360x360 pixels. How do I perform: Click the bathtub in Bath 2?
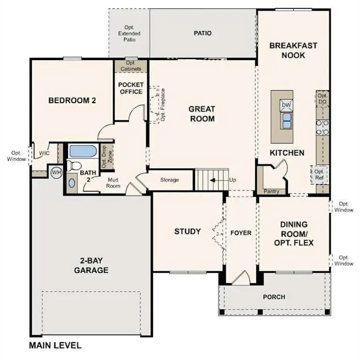click(x=82, y=151)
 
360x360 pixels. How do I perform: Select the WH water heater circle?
click(x=56, y=172)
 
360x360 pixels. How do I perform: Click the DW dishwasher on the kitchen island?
click(x=285, y=105)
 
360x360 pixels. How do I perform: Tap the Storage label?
click(x=169, y=180)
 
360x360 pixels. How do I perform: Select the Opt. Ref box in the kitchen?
click(x=319, y=174)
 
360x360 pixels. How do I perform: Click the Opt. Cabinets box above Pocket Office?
click(x=130, y=66)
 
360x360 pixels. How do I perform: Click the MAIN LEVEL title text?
click(x=55, y=346)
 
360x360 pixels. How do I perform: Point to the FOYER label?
click(x=241, y=233)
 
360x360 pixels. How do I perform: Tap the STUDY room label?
click(x=187, y=231)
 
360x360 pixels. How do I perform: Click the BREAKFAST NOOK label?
click(x=293, y=50)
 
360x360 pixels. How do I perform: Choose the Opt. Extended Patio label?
click(x=129, y=34)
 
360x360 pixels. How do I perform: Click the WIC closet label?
click(x=45, y=153)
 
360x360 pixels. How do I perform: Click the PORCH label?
click(x=274, y=297)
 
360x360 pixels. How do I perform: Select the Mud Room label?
click(x=114, y=182)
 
